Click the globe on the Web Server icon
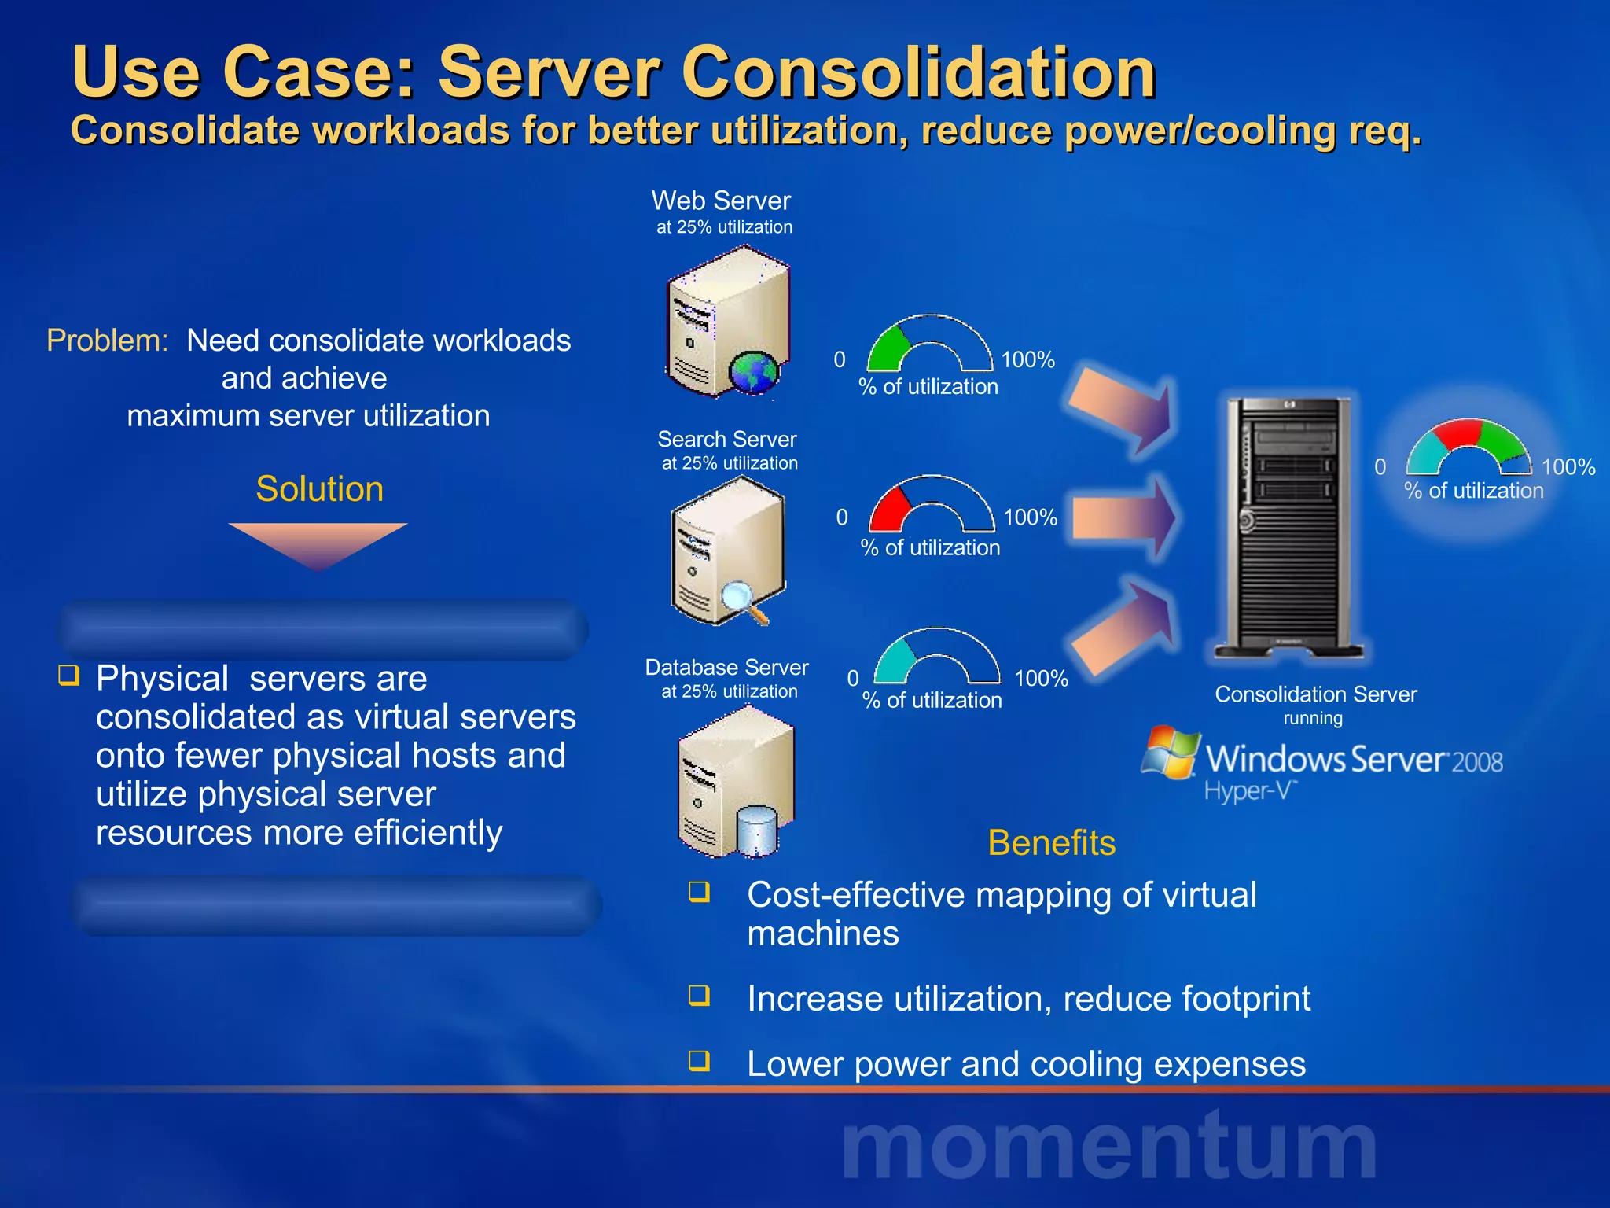[x=753, y=372]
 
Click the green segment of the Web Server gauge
[x=887, y=349]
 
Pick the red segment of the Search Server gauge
[x=889, y=509]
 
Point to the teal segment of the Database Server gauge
[x=895, y=661]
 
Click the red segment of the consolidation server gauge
[x=1459, y=433]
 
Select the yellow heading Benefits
[x=1051, y=843]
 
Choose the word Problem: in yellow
[x=108, y=341]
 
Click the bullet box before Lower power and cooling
[x=699, y=1061]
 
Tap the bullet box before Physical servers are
[x=69, y=675]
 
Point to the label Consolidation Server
[x=1315, y=694]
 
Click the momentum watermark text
[x=1108, y=1147]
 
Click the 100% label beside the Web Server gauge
[x=1027, y=360]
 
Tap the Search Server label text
[x=726, y=440]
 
